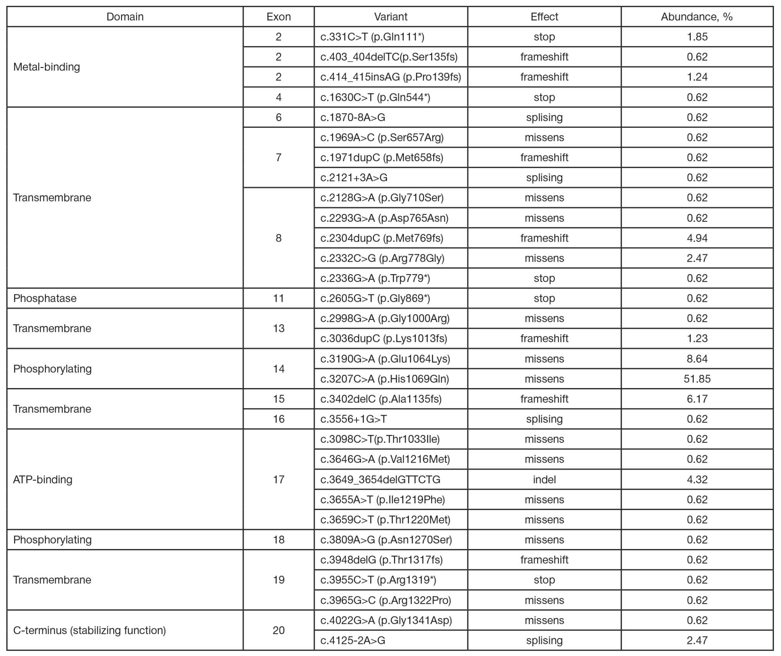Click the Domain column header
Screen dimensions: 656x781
(125, 17)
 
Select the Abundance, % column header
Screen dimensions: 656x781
(697, 17)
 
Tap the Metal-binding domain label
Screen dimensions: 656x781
(46, 67)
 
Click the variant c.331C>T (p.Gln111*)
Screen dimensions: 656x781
(372, 37)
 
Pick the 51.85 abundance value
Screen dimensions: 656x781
(697, 379)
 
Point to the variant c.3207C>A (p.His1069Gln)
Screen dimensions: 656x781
(385, 379)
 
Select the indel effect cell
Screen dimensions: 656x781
(544, 479)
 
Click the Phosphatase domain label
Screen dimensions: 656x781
(45, 298)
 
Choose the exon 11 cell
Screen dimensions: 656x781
(278, 298)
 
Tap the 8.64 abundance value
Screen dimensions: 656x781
(697, 358)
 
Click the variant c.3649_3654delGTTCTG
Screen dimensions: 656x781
(380, 479)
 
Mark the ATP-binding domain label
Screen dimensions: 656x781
(43, 479)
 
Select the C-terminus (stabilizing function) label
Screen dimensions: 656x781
(89, 630)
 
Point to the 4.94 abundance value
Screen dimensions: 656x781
(697, 238)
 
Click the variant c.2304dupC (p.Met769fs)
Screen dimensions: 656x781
(382, 238)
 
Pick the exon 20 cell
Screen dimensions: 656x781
(278, 630)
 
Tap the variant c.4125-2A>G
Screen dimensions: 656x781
(353, 640)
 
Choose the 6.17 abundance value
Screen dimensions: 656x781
(697, 399)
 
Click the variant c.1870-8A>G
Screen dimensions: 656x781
(353, 117)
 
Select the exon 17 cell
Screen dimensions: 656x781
(278, 479)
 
